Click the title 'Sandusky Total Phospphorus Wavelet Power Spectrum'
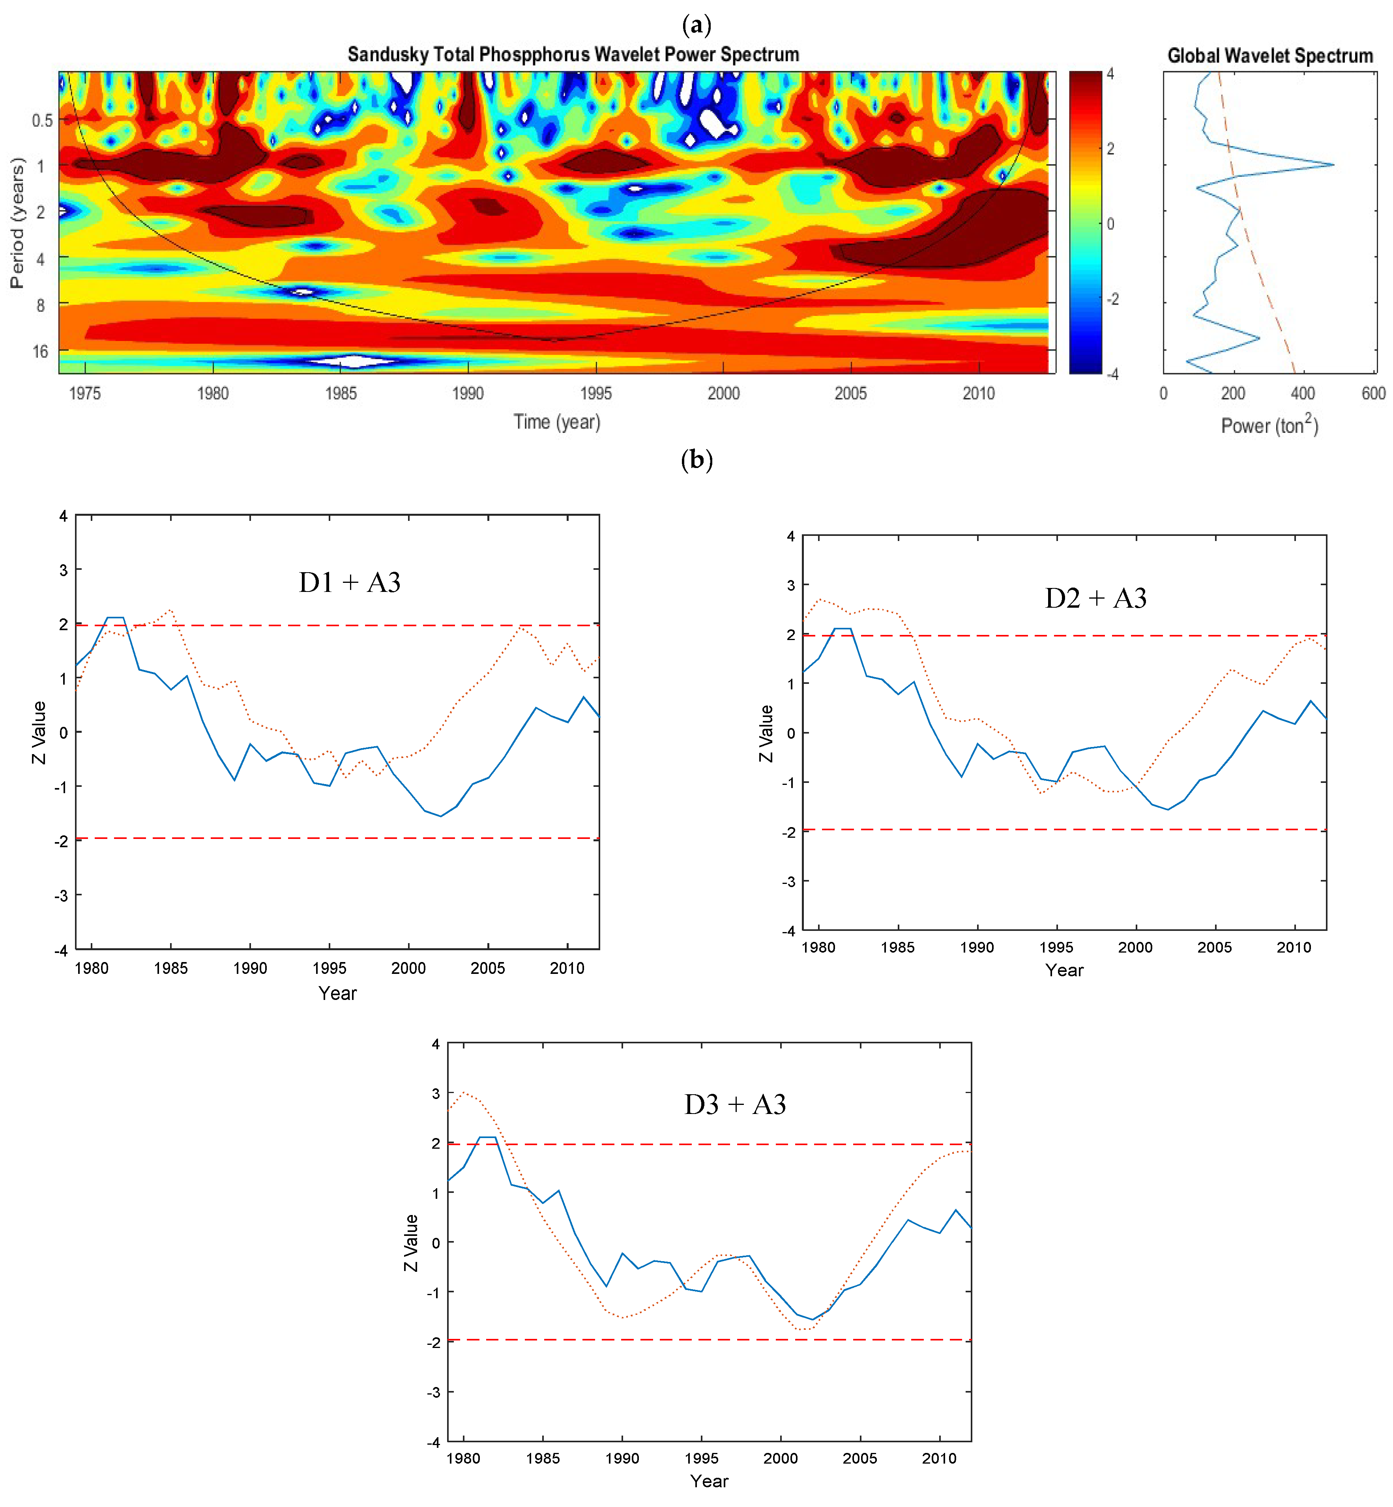pos(573,54)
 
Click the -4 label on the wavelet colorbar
pos(1112,374)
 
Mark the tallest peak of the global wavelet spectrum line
pos(1333,164)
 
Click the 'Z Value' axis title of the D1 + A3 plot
pos(39,732)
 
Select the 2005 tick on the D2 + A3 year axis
pos(1214,947)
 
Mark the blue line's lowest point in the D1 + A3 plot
pos(441,816)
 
